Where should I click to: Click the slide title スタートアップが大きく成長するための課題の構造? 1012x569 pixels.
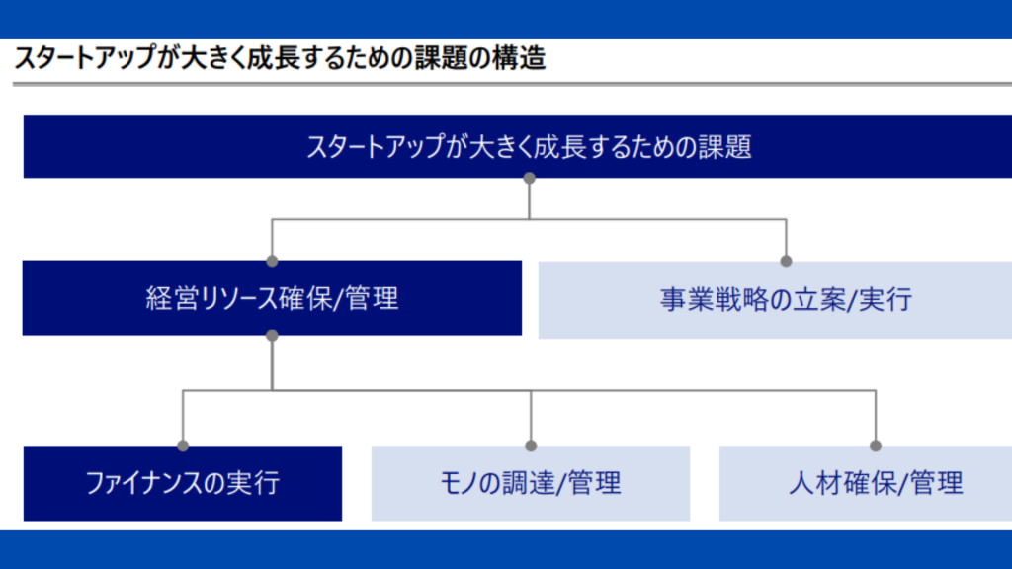coord(280,58)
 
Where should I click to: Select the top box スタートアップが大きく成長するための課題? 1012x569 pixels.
coord(518,146)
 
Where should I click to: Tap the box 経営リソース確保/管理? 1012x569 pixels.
coord(272,298)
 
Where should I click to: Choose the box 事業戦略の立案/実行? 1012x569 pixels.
coord(775,300)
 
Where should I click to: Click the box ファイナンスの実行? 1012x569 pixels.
coord(183,483)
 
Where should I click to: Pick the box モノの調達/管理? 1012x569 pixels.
coord(531,483)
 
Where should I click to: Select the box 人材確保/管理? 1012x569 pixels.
coord(866,483)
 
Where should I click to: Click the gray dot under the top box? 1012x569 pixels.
coord(530,178)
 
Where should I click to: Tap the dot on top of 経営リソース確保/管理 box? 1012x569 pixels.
coord(273,261)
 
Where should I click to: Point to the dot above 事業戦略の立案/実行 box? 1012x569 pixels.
coord(786,261)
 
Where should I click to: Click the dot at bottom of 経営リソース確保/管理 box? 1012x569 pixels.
coord(273,336)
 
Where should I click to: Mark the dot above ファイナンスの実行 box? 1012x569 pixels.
coord(183,446)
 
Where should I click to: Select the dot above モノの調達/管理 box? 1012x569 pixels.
coord(531,446)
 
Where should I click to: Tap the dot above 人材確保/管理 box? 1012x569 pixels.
coord(876,446)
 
